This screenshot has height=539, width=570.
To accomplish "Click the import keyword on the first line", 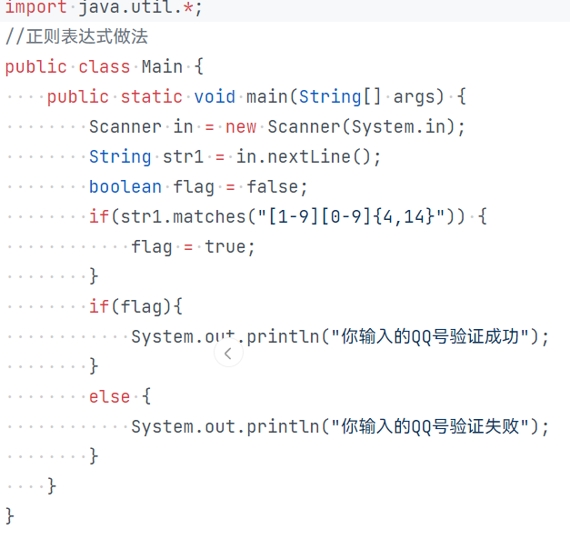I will tap(35, 7).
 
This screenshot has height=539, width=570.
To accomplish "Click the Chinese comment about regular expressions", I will tap(76, 37).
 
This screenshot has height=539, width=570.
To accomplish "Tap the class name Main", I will tap(162, 67).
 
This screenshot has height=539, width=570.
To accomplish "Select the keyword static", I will tap(151, 97).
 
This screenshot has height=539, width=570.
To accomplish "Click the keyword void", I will tap(215, 97).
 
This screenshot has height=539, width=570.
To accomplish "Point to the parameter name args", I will tap(414, 97).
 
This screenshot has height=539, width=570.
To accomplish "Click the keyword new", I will tap(241, 127).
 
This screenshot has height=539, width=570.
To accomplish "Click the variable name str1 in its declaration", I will tap(183, 157).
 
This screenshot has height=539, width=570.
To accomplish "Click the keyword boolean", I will tap(125, 187).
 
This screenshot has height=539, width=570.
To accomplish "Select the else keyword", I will tap(109, 397).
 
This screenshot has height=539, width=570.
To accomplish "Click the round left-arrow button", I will tap(228, 354).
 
